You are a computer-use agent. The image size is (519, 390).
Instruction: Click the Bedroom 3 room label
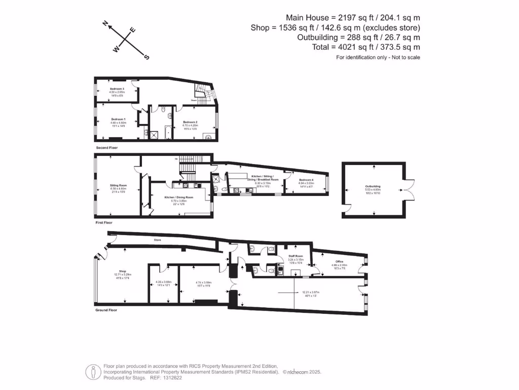(117, 89)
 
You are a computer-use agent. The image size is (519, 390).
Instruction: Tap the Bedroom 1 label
(118, 119)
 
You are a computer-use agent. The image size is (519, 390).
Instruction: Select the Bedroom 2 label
(190, 122)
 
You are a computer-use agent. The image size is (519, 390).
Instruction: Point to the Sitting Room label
(118, 185)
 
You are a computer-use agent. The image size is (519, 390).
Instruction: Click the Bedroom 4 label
(306, 180)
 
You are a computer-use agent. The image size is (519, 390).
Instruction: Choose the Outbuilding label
(373, 186)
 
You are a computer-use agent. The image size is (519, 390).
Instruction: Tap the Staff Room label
(295, 255)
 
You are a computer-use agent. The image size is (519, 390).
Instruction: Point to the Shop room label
(122, 271)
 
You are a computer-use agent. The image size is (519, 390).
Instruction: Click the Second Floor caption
(107, 148)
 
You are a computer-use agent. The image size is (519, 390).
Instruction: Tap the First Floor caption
(104, 222)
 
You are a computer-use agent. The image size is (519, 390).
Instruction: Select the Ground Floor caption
(106, 310)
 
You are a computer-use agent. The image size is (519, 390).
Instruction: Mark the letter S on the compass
(147, 57)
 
